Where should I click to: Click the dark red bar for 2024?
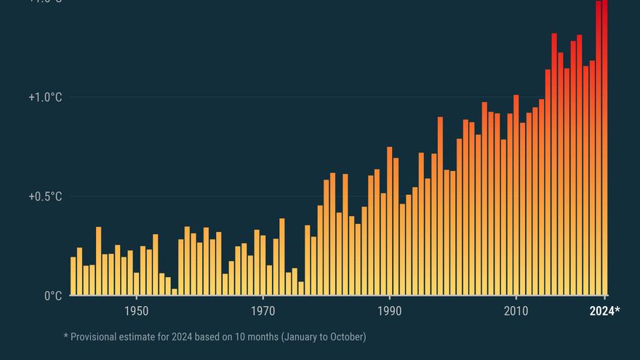[x=605, y=145]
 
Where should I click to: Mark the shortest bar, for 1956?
[x=175, y=292]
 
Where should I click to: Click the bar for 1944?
[x=98, y=261]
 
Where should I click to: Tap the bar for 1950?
[x=137, y=284]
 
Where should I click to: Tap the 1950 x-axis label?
[x=137, y=311]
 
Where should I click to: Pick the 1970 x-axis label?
[x=263, y=311]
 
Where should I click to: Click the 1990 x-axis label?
[x=390, y=311]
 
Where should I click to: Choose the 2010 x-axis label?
[x=516, y=311]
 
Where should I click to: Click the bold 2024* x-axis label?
[x=604, y=311]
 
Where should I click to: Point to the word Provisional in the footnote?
[x=97, y=337]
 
